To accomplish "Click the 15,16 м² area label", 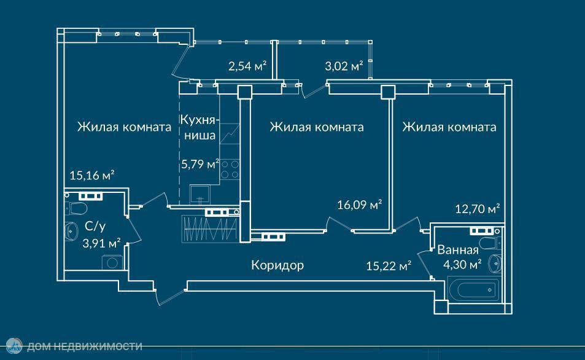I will pyautogui.click(x=92, y=176).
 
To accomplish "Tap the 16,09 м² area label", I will pyautogui.click(x=360, y=205).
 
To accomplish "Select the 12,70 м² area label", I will pyautogui.click(x=477, y=209).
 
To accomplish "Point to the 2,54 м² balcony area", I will pyautogui.click(x=247, y=66).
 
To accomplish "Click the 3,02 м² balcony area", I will pyautogui.click(x=344, y=66).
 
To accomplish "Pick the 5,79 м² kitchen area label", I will pyautogui.click(x=200, y=164).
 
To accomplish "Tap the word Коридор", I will pyautogui.click(x=277, y=265).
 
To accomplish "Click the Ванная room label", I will pyautogui.click(x=458, y=250).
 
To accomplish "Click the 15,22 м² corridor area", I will pyautogui.click(x=388, y=266).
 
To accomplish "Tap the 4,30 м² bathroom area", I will pyautogui.click(x=463, y=265).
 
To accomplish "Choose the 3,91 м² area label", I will pyautogui.click(x=101, y=243).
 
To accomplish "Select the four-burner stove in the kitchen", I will pyautogui.click(x=230, y=169).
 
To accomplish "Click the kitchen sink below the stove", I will pyautogui.click(x=200, y=194).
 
